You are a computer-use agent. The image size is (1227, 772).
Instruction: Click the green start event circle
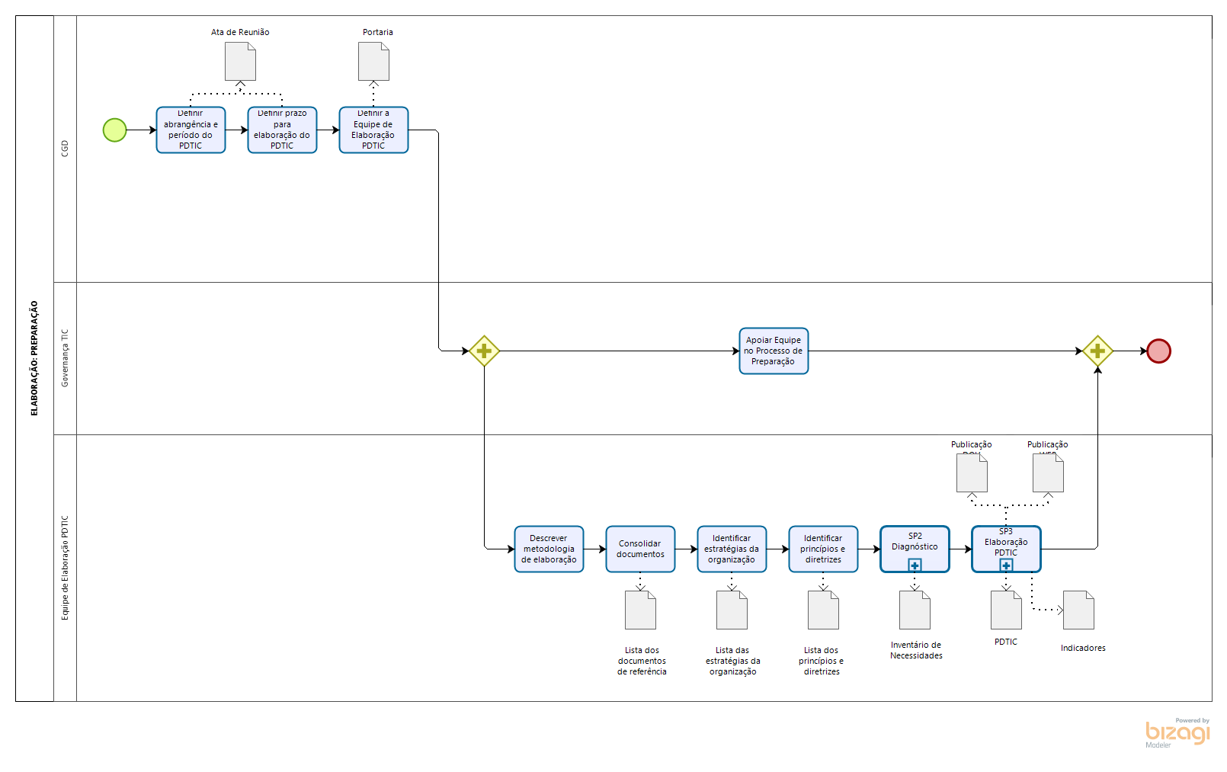point(114,130)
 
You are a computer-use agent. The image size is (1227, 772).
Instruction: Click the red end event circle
point(1158,351)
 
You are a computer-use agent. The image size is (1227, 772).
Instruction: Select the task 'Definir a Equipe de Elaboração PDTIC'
point(373,130)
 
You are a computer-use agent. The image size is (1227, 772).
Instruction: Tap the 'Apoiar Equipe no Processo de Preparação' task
point(774,351)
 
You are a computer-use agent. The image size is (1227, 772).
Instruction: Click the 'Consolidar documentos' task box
point(640,549)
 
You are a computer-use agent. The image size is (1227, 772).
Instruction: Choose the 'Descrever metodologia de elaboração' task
point(549,549)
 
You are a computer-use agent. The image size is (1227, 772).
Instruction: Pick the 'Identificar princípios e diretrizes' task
point(823,549)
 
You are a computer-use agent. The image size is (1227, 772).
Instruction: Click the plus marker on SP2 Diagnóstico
point(915,565)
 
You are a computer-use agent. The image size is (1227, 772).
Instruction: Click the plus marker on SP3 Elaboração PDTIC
point(1006,565)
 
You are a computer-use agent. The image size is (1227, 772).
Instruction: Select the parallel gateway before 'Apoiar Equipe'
point(484,351)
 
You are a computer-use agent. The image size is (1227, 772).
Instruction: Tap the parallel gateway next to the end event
point(1097,351)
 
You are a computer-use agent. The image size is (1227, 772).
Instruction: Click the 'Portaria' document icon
point(373,61)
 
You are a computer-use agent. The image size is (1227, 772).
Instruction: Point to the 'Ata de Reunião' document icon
point(240,61)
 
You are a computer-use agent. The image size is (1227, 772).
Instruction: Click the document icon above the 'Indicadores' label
point(1078,610)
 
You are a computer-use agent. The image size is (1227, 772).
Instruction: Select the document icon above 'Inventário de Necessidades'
point(915,610)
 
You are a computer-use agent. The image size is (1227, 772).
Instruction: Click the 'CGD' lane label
point(65,149)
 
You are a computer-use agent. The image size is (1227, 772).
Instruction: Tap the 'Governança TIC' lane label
point(65,358)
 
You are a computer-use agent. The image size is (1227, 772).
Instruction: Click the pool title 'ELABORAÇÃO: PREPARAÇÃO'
point(34,358)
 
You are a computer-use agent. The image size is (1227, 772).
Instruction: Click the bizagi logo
point(1177,733)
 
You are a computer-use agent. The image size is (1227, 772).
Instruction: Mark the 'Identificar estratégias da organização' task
point(732,549)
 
